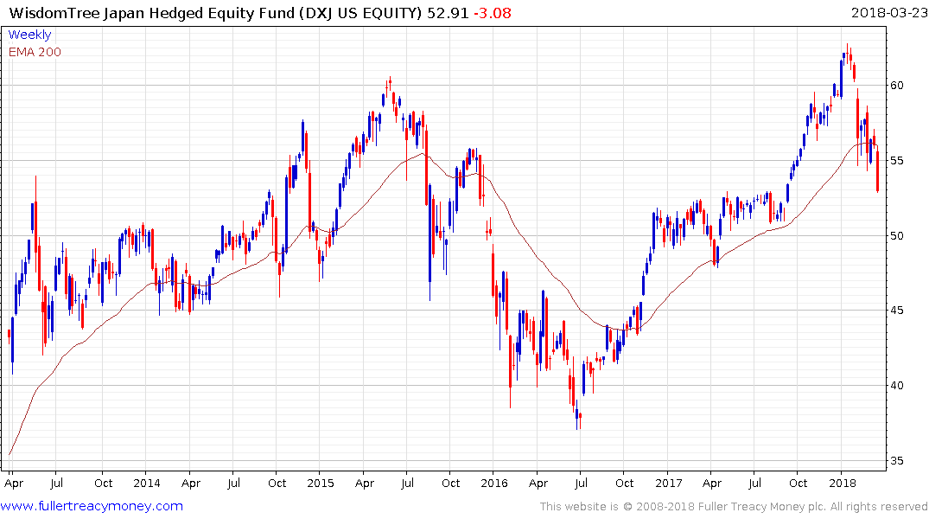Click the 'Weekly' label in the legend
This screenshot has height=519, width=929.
(29, 35)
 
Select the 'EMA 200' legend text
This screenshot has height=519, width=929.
(35, 51)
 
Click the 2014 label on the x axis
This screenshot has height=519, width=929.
(147, 483)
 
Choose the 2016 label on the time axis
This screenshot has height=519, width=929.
(493, 483)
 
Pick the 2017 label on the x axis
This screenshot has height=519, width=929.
(668, 483)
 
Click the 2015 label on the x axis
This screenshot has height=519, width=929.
(321, 483)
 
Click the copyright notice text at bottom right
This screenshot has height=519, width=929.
(734, 507)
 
